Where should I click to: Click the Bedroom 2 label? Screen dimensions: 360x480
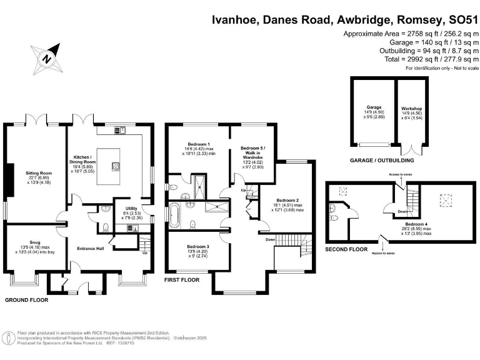click(289, 205)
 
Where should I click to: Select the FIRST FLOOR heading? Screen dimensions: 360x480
click(181, 280)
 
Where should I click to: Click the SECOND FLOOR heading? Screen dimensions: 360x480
click(345, 249)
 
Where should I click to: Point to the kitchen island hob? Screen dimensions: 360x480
click(116, 166)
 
